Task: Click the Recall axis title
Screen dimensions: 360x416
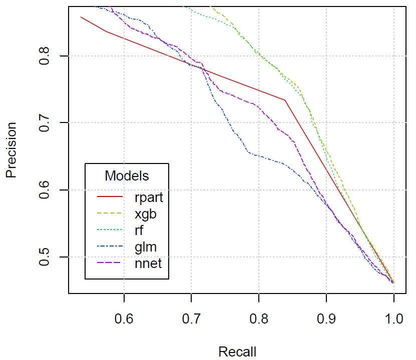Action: click(237, 351)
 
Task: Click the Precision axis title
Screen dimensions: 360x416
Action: click(11, 150)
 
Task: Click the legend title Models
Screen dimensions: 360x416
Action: click(127, 176)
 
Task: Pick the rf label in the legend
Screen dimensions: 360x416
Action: click(140, 230)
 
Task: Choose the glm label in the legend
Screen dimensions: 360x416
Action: click(146, 247)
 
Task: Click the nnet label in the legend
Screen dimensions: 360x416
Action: click(148, 263)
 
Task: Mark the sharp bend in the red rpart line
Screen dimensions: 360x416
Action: click(285, 100)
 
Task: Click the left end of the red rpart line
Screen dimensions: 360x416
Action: click(81, 17)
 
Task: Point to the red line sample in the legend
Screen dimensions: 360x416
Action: click(110, 197)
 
